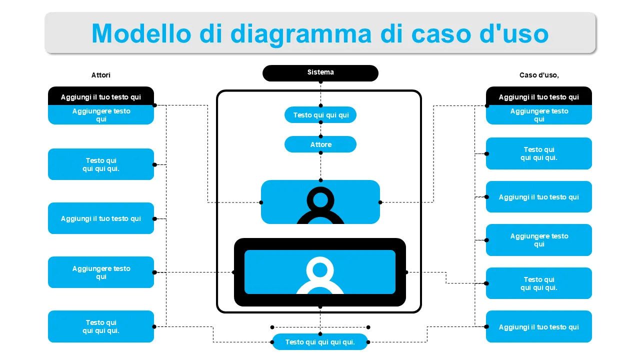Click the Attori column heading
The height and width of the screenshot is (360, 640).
101,75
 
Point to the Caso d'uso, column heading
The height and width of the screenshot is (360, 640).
539,75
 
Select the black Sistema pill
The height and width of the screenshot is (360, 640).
320,73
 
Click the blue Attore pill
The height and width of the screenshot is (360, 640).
320,144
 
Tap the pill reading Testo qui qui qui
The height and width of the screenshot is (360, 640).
320,115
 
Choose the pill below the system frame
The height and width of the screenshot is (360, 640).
320,342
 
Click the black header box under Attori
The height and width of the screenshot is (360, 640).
101,96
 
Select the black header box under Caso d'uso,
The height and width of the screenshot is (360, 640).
539,96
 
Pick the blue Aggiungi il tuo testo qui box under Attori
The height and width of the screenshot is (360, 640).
101,218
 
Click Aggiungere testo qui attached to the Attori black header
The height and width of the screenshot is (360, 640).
101,115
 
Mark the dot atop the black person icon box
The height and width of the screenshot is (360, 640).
320,180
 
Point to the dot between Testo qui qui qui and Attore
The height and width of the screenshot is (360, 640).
320,135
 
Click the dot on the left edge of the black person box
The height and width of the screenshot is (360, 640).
261,202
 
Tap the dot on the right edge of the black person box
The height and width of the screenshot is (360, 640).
380,202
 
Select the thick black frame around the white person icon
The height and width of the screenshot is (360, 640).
239,272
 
